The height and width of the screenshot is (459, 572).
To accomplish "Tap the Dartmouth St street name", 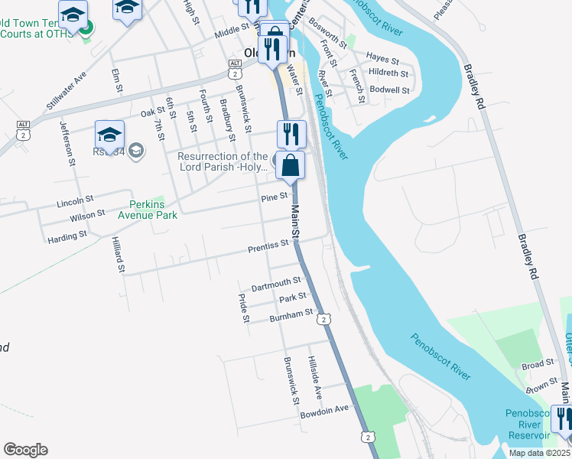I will pos(276,283).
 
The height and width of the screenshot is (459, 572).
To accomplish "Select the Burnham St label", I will pos(291,314).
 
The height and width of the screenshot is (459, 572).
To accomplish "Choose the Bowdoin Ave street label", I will pos(324,409).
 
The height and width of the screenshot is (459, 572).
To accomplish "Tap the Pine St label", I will pos(273,197).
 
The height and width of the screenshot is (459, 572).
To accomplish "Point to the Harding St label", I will pos(67,238).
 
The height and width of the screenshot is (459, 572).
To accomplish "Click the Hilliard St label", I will pos(118,254).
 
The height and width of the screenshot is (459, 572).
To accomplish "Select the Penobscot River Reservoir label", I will pos(528,425).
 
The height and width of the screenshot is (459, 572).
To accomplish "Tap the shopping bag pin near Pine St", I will pos(290,167).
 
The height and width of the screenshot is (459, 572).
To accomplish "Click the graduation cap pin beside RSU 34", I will pos(109,135).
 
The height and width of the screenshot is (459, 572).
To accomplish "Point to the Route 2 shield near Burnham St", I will pos(325,319).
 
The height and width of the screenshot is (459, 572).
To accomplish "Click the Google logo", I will pos(25,450).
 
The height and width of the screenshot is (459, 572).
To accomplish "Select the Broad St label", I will pos(538,365).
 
